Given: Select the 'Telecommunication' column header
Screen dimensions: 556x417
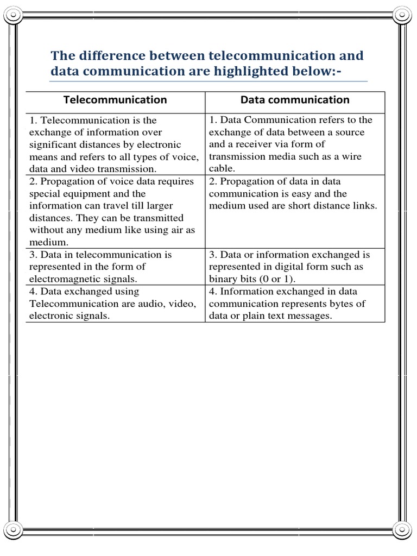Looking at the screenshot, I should coord(115,100).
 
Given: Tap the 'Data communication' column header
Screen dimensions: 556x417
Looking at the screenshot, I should coord(295,100).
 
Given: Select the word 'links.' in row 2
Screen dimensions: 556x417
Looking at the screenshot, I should coord(362,206).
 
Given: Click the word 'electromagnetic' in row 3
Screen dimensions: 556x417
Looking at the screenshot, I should coord(65,279).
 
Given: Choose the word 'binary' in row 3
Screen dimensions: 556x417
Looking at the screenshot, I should coord(224,279).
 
